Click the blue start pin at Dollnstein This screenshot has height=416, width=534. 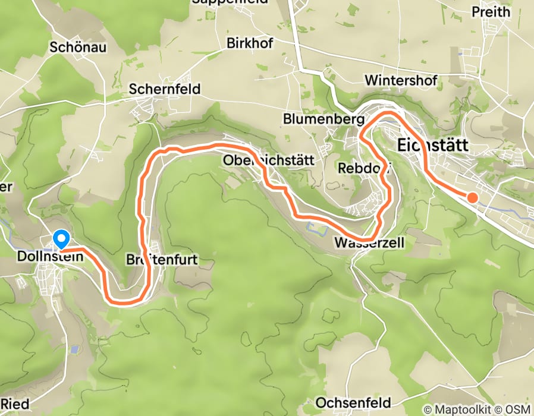(x=61, y=239)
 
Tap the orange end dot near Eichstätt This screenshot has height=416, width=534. (x=472, y=197)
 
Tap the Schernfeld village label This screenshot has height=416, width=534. (x=165, y=89)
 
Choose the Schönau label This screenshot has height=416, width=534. (x=78, y=47)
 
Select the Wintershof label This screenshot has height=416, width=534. (x=401, y=80)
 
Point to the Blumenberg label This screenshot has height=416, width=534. (x=323, y=119)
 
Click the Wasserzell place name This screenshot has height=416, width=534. (x=369, y=242)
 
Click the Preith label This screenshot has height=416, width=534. (x=491, y=12)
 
